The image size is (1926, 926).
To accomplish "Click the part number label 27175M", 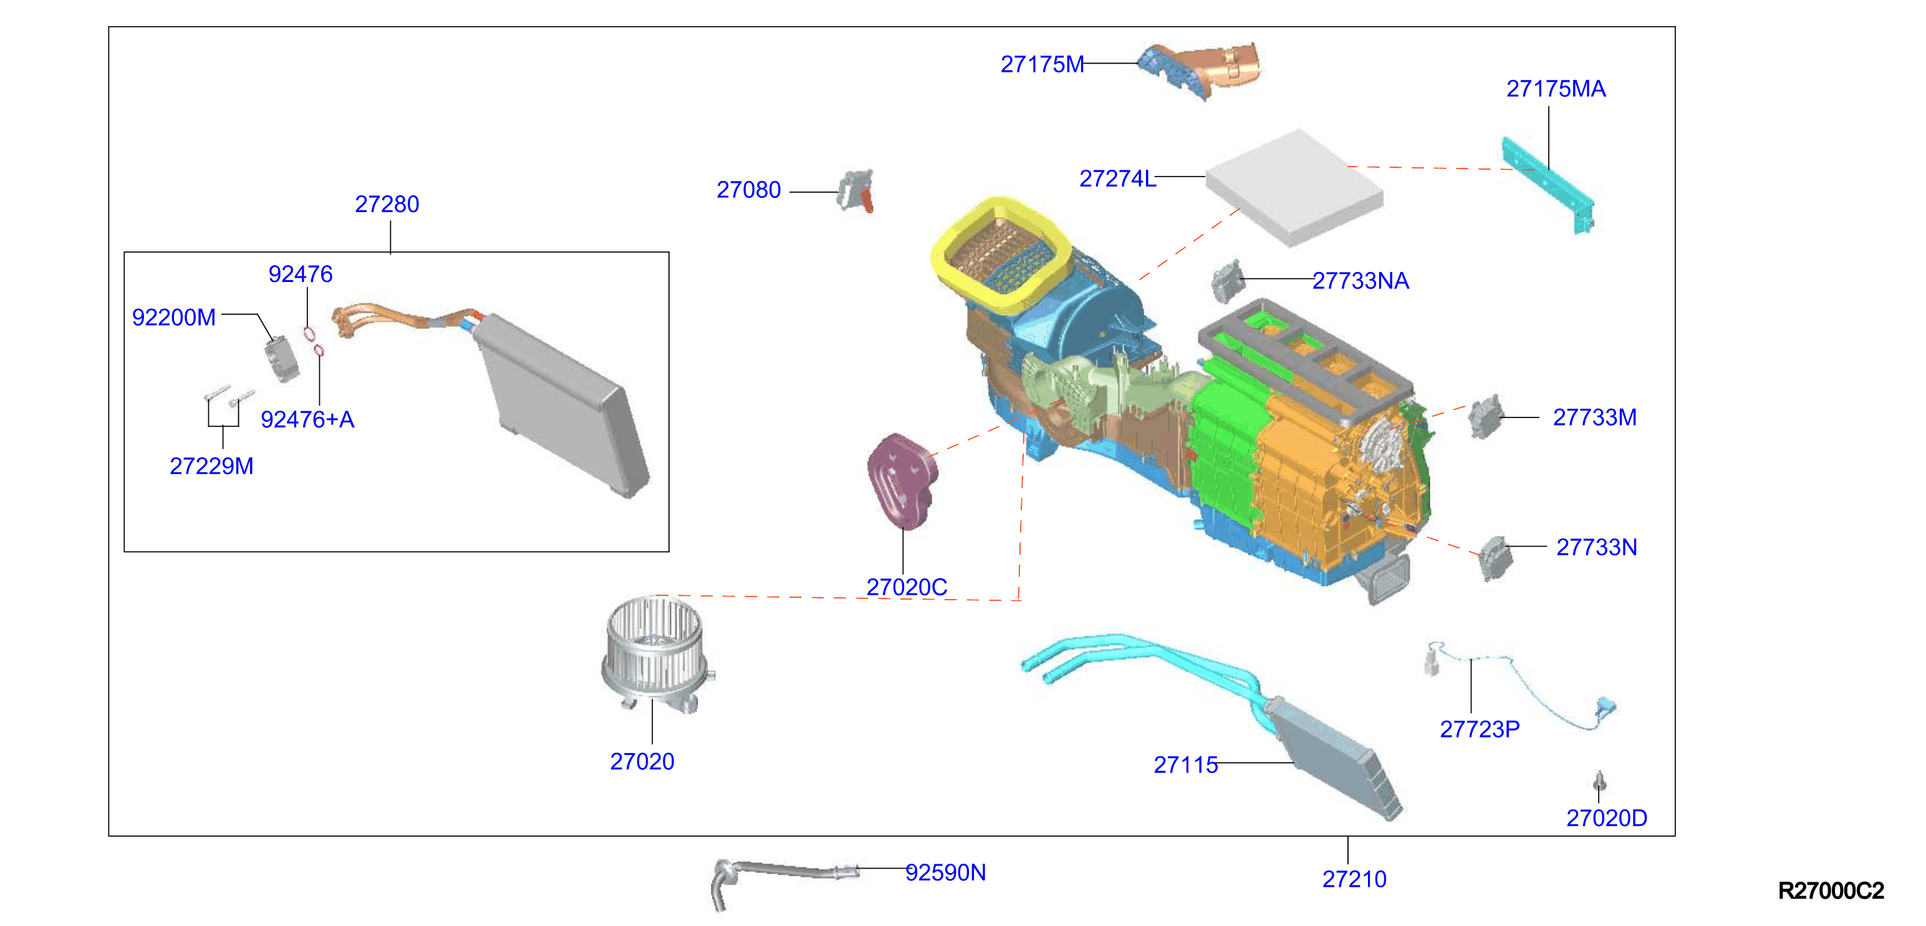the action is [1041, 64].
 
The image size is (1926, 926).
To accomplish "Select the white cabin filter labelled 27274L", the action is [1294, 187].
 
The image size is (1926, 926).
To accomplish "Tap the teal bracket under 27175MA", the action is [1548, 184].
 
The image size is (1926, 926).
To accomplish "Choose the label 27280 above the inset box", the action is [387, 204].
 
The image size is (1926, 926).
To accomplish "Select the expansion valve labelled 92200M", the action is [282, 359].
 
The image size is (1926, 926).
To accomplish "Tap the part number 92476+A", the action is [307, 419].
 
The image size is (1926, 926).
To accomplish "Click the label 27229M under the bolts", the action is [211, 466].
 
